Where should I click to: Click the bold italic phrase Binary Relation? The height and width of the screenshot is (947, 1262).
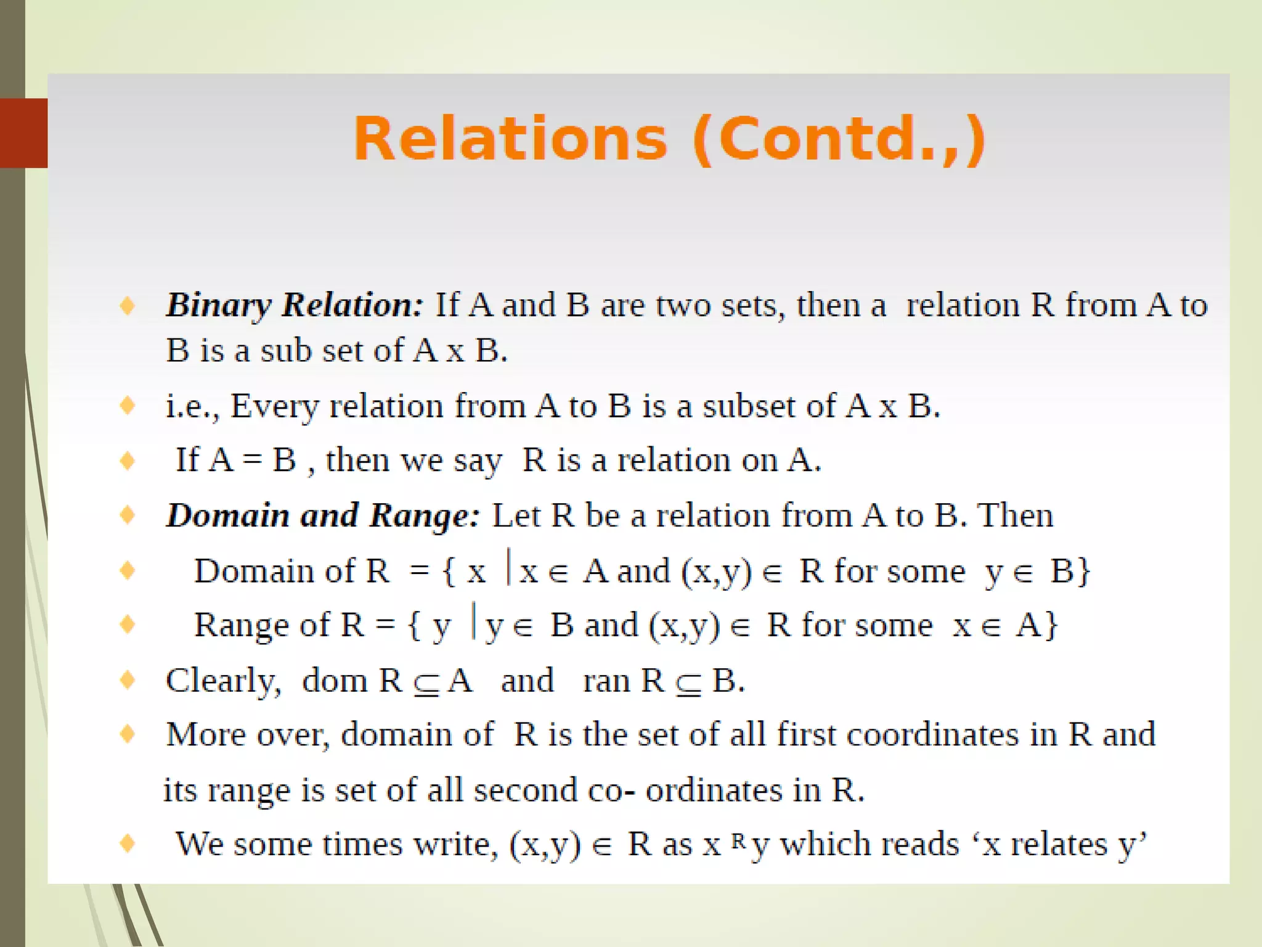(295, 305)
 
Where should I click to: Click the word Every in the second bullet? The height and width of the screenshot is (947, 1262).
(274, 407)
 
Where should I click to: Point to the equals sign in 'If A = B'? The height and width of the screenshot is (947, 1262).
(253, 461)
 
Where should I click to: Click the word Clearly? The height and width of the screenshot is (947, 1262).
(223, 681)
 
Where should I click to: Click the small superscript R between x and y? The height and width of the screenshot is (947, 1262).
(739, 840)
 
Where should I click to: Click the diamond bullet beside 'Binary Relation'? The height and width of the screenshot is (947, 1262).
(128, 305)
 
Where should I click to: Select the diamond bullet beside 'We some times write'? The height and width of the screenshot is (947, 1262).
(128, 843)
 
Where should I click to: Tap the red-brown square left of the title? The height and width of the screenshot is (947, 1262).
(23, 133)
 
